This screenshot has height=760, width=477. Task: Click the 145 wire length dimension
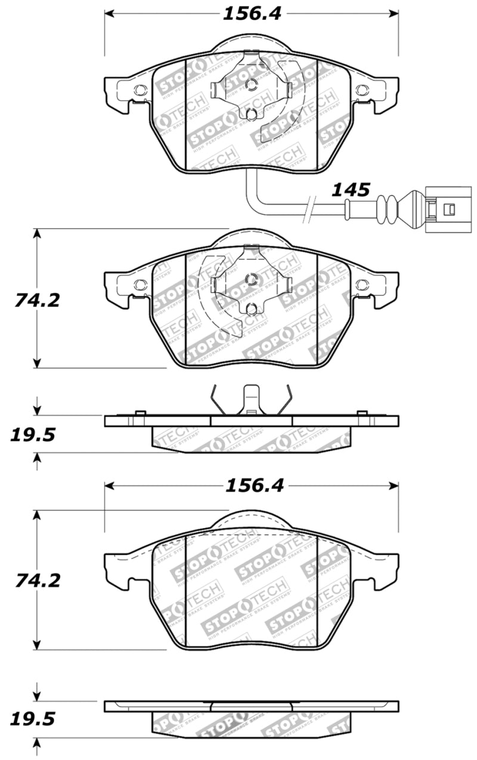point(351,190)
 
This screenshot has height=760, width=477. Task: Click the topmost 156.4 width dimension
point(252,13)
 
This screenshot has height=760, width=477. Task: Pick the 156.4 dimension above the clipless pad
point(253,486)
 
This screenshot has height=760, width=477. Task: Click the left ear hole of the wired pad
point(140,91)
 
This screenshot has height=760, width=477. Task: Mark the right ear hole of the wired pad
point(362,91)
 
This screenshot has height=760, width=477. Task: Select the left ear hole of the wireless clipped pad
point(140,285)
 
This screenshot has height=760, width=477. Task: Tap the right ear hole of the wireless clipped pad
point(362,285)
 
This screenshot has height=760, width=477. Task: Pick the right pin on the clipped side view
point(361,413)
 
